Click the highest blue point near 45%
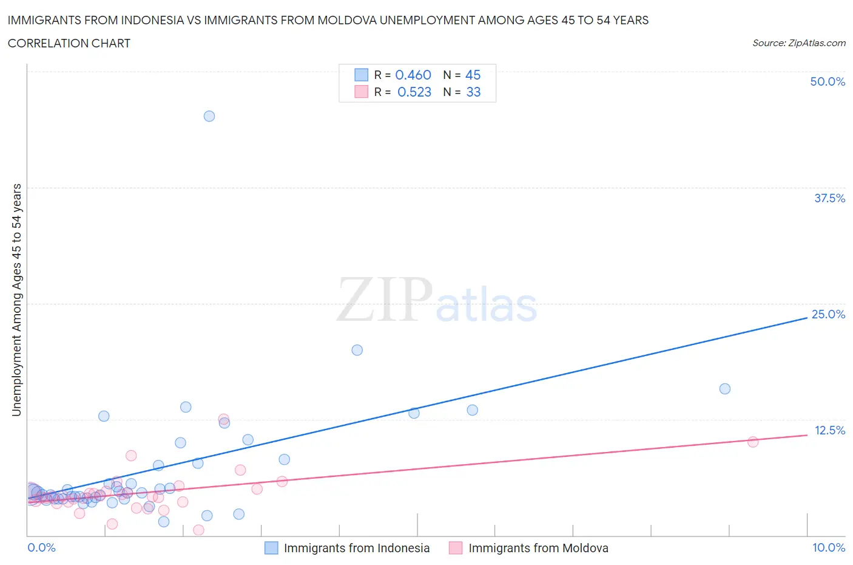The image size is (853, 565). point(209,116)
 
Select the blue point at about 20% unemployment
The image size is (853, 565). point(357,350)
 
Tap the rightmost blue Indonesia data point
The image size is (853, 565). point(724,389)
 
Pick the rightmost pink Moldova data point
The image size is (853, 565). point(753,442)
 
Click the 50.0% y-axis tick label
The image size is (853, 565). point(828,81)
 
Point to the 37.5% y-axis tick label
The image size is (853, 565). point(829,198)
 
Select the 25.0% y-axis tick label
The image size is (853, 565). point(828,314)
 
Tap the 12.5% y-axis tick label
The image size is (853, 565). point(829,430)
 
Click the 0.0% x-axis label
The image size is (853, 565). point(41,547)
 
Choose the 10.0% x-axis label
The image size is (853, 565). point(829,547)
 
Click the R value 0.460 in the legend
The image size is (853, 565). point(413,75)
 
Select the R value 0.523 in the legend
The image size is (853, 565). point(414,92)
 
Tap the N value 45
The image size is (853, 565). point(473,75)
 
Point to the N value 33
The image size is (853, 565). point(473,92)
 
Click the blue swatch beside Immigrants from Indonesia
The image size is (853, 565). point(271,548)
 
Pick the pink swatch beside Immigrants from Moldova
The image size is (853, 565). point(456,548)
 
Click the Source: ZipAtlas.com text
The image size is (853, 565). point(799,43)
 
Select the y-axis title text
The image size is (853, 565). point(16,300)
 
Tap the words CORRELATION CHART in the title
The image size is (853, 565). point(69,43)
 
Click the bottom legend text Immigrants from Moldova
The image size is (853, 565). point(538,548)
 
